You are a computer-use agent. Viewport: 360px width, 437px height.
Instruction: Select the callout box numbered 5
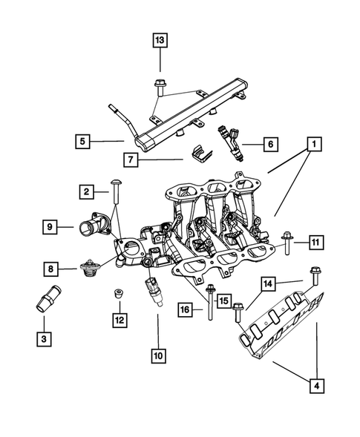click(x=83, y=139)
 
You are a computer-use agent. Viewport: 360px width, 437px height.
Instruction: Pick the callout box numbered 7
click(x=132, y=158)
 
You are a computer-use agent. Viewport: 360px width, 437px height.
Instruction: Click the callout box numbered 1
click(x=315, y=142)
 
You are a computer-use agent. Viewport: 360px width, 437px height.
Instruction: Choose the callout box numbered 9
click(x=50, y=227)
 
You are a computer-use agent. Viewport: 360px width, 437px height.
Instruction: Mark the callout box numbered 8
click(x=50, y=268)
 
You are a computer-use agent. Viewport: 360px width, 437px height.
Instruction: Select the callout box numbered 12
click(x=119, y=320)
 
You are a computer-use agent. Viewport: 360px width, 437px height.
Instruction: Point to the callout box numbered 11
click(x=315, y=242)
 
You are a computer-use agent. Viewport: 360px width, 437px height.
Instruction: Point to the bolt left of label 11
click(x=287, y=242)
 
